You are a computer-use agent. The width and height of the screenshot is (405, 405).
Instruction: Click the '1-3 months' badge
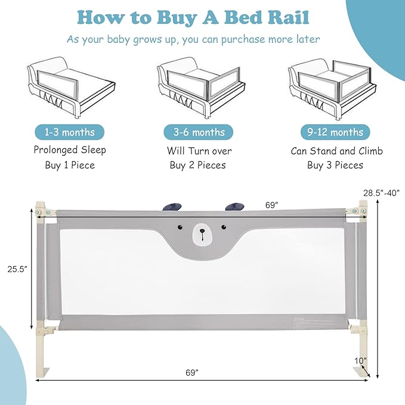point(69,131)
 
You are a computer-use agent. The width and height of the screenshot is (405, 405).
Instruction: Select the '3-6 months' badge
point(199,131)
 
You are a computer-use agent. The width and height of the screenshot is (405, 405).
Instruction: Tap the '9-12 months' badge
point(335,131)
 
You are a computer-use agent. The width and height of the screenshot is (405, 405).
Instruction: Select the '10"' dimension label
point(360,360)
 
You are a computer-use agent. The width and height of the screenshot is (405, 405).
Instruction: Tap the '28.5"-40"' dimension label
point(381,192)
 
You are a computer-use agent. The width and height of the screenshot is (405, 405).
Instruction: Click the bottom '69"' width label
point(191,373)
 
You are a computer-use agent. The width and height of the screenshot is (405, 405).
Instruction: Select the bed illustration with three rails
point(334,87)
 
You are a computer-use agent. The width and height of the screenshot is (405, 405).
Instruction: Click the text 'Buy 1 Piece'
point(69,165)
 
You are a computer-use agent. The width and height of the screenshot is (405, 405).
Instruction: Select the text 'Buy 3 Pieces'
point(335,165)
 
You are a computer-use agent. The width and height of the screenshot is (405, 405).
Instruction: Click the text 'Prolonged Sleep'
point(69,150)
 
